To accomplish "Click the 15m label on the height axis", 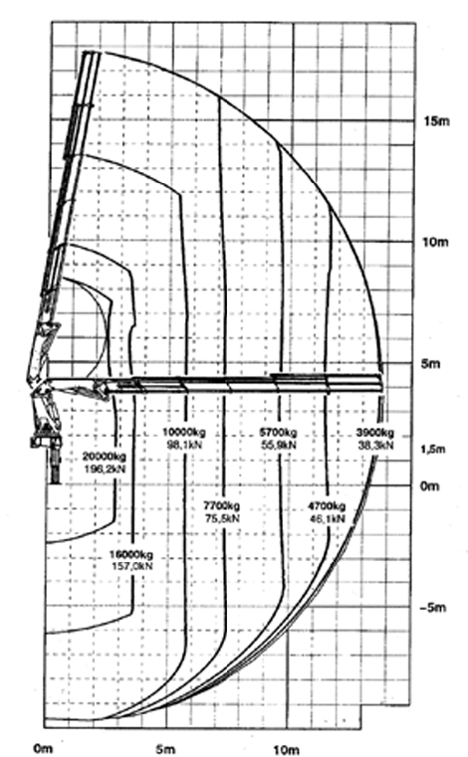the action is point(436,120).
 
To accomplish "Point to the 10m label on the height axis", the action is point(435,242).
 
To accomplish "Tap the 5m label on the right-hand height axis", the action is point(430,363).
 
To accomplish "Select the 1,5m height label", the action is point(433,449).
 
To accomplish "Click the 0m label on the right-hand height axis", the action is point(430,485).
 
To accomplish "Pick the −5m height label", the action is point(433,608).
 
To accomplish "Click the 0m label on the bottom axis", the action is point(43,748).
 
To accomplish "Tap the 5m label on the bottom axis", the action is point(165,749).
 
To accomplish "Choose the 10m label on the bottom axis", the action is point(286,750).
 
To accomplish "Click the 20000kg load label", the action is point(105,457).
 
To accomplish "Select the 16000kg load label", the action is point(131,554).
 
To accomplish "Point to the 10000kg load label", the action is point(184,432).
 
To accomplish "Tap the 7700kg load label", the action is point(221,506).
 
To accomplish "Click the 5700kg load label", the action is point(278,432).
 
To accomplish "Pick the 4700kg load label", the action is point(327,506).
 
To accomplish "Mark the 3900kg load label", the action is point(375,432).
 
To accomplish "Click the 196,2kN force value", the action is point(105,469).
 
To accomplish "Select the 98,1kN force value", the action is point(184,445).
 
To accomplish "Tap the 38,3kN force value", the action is point(375,445).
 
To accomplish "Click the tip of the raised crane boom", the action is point(92,52).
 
